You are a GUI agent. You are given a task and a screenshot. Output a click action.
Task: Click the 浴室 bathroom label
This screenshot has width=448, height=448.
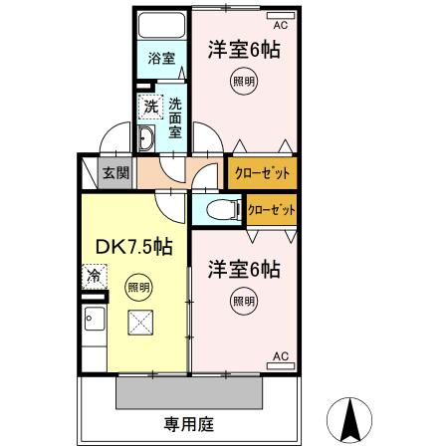point(161,58)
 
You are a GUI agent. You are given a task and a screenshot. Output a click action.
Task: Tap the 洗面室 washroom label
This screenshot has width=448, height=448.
point(175,116)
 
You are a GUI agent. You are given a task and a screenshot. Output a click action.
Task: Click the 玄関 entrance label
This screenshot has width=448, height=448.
point(115,173)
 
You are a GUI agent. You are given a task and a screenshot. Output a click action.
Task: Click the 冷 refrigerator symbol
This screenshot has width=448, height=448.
point(95,276)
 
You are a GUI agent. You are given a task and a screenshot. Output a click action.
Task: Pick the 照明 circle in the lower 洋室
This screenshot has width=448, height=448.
point(243,300)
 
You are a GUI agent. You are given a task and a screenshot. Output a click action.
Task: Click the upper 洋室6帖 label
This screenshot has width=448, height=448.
point(243,50)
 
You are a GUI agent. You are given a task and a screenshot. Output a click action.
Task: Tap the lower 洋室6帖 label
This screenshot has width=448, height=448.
point(244,269)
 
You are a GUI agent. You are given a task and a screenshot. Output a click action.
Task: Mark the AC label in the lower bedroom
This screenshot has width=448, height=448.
point(280,355)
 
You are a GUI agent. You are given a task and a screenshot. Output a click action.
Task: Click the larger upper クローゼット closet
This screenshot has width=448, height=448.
point(262,173)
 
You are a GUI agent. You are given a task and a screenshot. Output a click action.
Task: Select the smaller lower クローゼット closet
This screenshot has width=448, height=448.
point(271,210)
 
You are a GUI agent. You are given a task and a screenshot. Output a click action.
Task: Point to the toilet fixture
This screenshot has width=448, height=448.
point(220,209)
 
